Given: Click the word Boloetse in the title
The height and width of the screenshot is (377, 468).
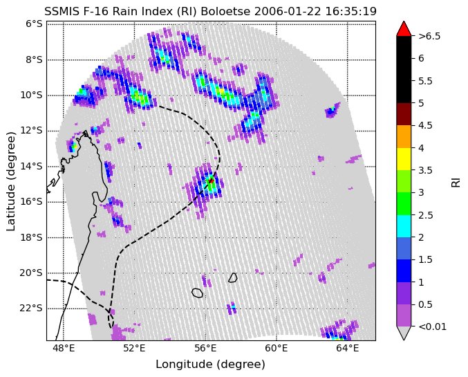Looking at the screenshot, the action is point(225,11).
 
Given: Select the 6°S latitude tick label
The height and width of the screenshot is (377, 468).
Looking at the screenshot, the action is point(34,24).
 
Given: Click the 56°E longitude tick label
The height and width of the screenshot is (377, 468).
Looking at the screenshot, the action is point(205,349).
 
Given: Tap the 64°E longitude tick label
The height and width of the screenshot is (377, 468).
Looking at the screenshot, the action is point(348,349).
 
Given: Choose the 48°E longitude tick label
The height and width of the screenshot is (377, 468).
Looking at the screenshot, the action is point(64,349).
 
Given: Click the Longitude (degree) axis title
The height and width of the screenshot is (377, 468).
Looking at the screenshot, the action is point(210,365).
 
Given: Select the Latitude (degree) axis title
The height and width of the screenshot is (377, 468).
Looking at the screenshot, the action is point(11,181).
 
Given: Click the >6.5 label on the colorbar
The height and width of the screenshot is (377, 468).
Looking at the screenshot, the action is point(429,36).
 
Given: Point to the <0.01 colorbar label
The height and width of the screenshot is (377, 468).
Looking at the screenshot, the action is point(432,327).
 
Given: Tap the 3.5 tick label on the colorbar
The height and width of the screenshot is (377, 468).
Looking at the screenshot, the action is point(426,170).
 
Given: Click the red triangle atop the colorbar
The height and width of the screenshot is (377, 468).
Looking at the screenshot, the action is point(404,29).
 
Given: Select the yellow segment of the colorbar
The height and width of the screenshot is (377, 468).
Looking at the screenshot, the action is point(404,159).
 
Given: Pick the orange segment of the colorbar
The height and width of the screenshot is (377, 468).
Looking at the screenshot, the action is point(404,136).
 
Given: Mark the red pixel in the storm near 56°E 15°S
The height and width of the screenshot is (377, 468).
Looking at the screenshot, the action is point(211,180).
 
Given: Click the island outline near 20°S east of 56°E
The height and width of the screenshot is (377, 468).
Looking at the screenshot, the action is point(233,278).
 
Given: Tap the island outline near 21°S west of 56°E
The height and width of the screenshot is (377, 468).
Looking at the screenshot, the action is point(197,293).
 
